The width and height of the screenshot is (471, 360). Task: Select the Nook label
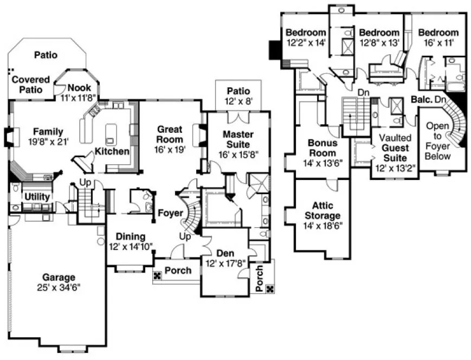coord(79,88)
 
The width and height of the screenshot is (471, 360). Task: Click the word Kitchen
coord(112,151)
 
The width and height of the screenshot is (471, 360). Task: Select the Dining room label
coord(130,236)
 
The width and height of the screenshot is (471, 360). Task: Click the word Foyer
coord(170,213)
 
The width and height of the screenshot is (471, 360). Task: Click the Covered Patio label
coord(30,84)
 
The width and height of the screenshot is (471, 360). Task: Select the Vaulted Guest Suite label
coord(395,147)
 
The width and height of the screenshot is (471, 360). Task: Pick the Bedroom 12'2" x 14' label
coord(306,32)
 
